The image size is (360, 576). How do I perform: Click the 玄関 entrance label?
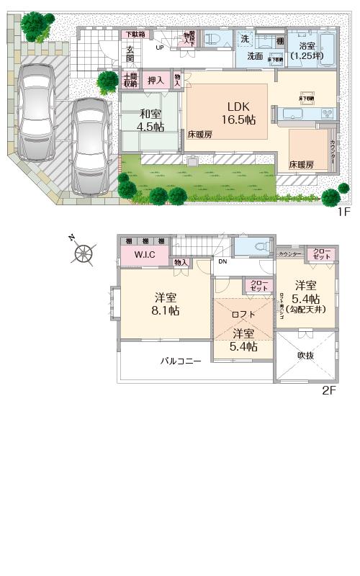[x=130, y=55]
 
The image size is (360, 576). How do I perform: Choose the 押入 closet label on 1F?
[x=155, y=80]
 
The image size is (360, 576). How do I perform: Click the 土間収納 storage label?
[x=130, y=80]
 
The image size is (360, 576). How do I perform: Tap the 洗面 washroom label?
[x=256, y=55]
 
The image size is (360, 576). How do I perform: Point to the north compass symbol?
[x=84, y=252]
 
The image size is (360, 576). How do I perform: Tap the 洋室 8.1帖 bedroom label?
[x=165, y=304]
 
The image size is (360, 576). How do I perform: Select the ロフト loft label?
[x=243, y=314]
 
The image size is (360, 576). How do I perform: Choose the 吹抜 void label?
[x=306, y=355]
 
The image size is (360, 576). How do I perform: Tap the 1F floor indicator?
[x=343, y=212]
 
